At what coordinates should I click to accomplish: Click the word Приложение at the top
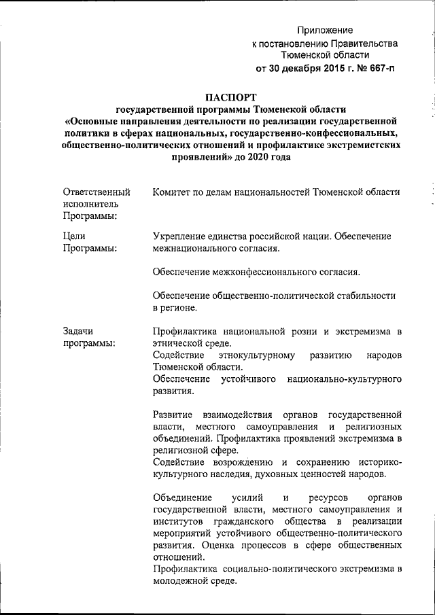tap(326, 31)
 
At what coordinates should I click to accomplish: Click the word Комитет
tap(174, 192)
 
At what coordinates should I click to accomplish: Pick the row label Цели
tap(74, 236)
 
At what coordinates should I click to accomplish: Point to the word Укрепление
tap(183, 236)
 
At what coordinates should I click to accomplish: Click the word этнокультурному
tap(256, 355)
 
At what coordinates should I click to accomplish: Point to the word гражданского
tap(253, 521)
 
